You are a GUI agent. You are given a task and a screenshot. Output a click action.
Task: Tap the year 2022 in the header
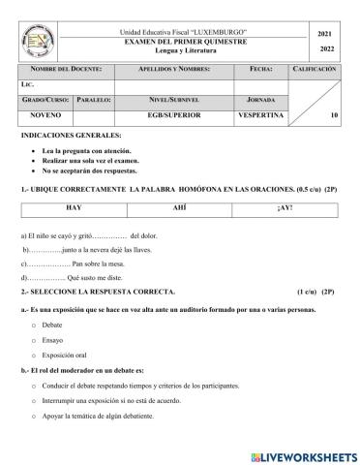pos(326,50)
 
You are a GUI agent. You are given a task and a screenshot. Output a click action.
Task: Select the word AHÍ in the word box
pos(180,208)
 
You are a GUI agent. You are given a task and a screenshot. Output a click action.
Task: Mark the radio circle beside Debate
pos(34,325)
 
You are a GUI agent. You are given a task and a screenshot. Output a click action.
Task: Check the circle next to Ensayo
pos(34,340)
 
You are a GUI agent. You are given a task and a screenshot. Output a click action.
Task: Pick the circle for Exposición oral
pos(34,356)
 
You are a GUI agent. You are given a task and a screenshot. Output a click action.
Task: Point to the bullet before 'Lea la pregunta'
pos(34,153)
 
